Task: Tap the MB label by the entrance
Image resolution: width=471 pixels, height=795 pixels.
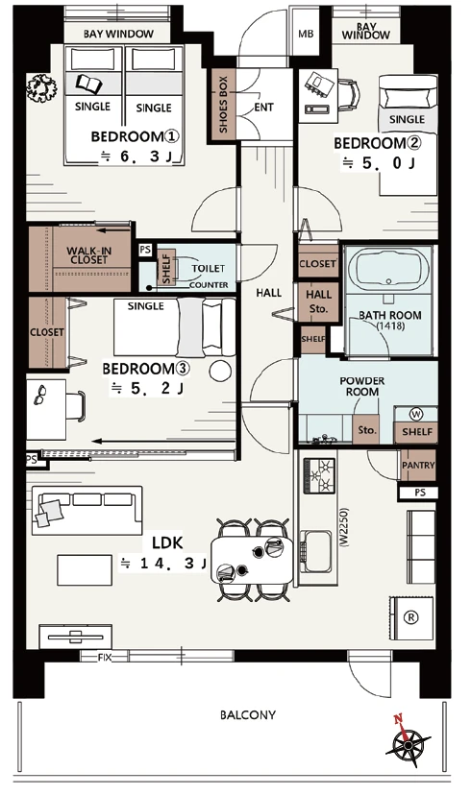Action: [x=306, y=34]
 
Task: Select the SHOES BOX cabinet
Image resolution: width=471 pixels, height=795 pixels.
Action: [x=224, y=106]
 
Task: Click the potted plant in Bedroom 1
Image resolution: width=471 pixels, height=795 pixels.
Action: [x=41, y=87]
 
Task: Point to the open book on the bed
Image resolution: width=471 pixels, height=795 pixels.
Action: [x=89, y=83]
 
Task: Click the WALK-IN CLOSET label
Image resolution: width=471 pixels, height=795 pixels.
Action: [x=88, y=255]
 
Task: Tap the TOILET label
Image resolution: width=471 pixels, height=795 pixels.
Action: [x=208, y=268]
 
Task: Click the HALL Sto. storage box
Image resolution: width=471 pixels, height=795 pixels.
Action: [x=318, y=301]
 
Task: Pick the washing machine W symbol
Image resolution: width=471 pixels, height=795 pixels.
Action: [x=416, y=414]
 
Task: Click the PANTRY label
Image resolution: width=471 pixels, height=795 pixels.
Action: [x=418, y=465]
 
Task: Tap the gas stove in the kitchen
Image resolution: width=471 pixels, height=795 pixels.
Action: [x=319, y=475]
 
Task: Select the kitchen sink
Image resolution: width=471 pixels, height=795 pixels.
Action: [x=315, y=551]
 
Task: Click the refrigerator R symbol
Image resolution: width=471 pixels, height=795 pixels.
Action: [x=410, y=617]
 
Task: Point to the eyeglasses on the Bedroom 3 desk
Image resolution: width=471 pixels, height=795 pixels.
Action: [x=39, y=395]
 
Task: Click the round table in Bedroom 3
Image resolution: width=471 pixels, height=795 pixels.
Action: [x=220, y=372]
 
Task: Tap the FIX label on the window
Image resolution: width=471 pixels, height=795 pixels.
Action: [x=105, y=657]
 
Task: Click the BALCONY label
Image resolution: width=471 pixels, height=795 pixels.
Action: [x=248, y=715]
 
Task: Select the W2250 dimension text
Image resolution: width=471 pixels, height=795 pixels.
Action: [x=344, y=527]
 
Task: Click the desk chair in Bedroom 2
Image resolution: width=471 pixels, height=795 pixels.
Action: [x=349, y=94]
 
